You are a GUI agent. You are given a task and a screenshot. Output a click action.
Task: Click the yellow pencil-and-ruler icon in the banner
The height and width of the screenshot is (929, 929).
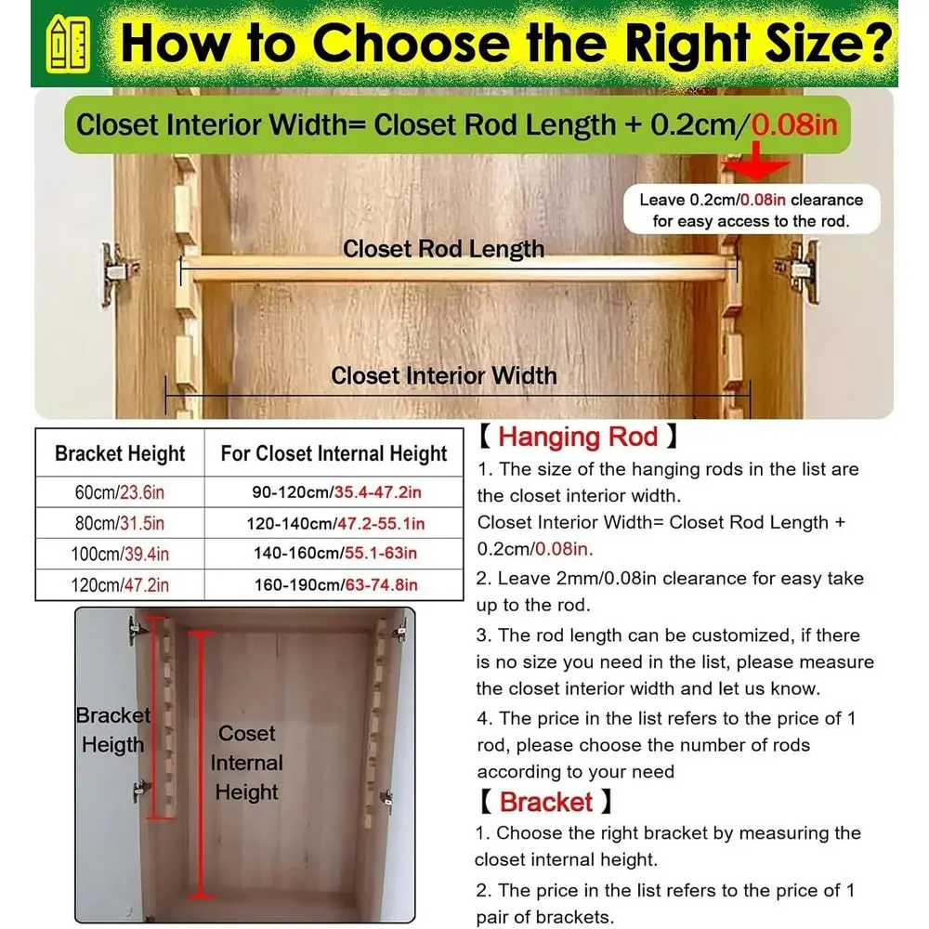tap(68, 45)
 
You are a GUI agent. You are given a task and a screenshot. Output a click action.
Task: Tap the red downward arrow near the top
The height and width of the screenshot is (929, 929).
tap(756, 160)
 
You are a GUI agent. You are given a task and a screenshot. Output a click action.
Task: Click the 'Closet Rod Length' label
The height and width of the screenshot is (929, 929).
tap(443, 249)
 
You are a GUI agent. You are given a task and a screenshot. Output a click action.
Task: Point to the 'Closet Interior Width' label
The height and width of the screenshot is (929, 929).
tap(444, 375)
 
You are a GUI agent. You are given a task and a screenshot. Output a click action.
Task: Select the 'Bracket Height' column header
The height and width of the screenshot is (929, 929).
tap(120, 453)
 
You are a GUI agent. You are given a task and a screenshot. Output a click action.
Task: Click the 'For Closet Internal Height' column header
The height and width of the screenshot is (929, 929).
tap(334, 454)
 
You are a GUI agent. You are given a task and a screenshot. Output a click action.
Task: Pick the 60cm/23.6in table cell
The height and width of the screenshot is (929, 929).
tap(120, 492)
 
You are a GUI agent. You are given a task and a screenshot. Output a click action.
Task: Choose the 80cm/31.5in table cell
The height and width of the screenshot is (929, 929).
tap(120, 523)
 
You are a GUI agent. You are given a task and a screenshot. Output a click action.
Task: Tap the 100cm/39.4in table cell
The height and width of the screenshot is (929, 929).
tap(120, 554)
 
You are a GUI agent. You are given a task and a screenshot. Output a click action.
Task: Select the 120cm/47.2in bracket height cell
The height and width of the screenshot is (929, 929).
tap(120, 585)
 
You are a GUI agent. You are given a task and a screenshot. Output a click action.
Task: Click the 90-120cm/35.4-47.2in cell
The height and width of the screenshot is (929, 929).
tap(336, 492)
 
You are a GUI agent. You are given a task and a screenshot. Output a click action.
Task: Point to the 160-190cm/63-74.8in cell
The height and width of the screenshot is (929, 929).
tap(336, 585)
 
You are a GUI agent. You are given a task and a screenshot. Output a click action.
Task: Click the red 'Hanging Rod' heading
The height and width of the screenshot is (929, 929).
tap(578, 437)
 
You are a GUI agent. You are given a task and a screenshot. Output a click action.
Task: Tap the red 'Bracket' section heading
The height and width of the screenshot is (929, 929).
tap(545, 803)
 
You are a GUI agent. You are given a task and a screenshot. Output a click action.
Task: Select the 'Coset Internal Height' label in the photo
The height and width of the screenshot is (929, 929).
tap(246, 763)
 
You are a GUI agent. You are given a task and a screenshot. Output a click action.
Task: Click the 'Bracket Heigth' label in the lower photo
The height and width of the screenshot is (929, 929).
tap(113, 730)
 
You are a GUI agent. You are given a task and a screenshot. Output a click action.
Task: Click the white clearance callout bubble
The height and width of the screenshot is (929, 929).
tap(752, 210)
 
